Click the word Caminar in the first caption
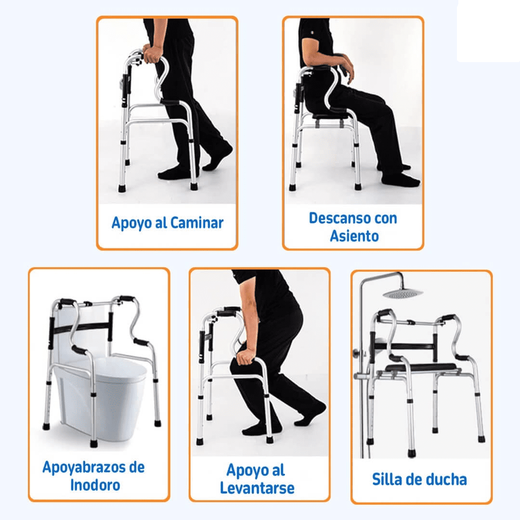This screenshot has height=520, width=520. (196, 222)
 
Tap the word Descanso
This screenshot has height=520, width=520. (337, 218)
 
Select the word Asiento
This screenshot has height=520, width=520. (354, 236)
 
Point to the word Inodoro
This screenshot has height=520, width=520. (95, 485)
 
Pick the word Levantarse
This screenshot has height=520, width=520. (257, 488)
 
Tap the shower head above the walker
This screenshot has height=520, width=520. (403, 293)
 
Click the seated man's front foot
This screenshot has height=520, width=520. (401, 179)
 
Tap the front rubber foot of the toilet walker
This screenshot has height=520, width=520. (94, 443)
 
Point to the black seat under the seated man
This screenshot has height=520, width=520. (332, 116)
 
